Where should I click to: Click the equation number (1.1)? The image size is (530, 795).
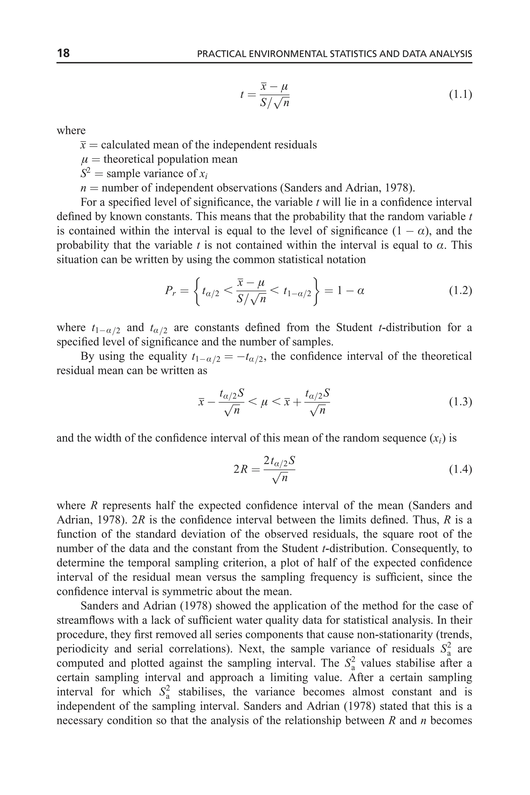(460, 95)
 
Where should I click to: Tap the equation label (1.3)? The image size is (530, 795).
(460, 402)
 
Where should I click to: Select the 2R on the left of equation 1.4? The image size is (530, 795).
(241, 470)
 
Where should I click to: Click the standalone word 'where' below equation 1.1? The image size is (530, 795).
(71, 130)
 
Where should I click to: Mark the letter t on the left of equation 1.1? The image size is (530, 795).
(242, 95)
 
